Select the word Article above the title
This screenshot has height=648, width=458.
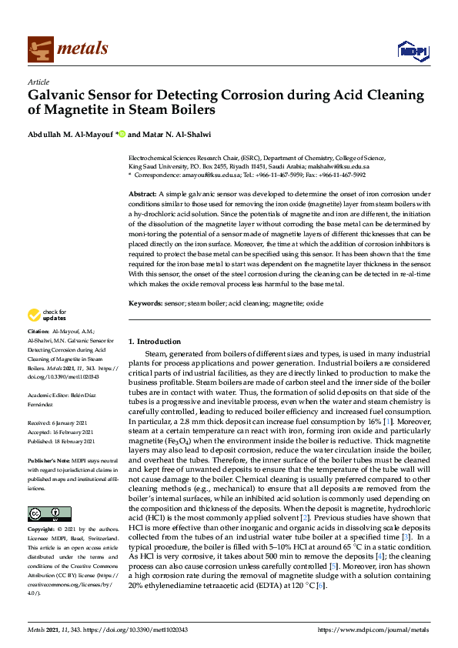point(38,82)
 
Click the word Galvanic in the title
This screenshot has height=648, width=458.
point(63,95)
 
